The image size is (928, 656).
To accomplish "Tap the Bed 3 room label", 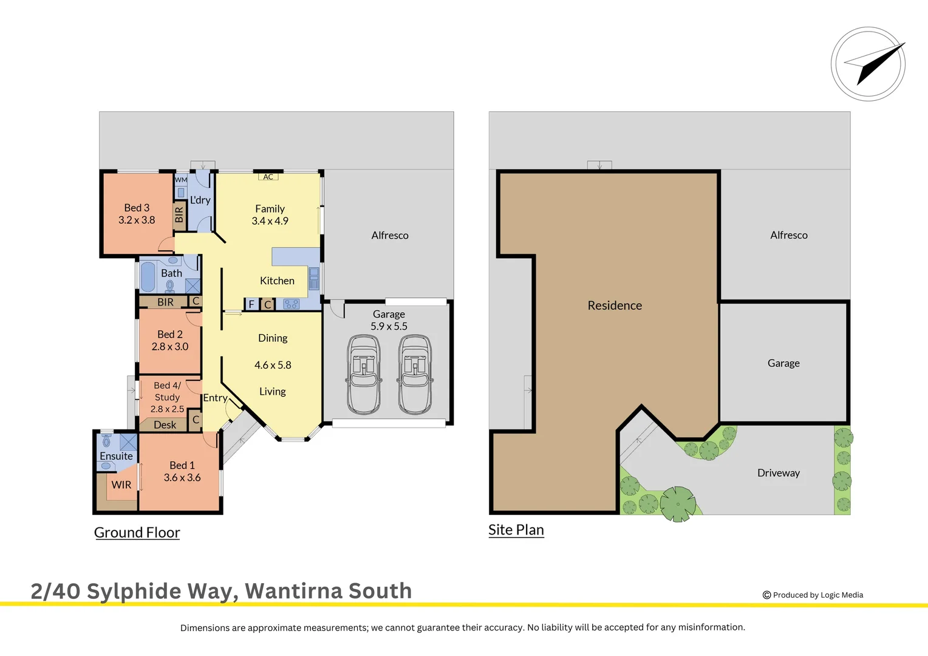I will click(137, 208).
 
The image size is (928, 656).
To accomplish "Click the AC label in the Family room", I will click(268, 177).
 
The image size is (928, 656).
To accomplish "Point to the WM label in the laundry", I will click(181, 180).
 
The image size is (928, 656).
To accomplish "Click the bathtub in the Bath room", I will click(148, 276).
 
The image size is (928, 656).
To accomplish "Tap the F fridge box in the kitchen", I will click(251, 304).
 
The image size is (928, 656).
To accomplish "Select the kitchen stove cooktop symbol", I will click(291, 304).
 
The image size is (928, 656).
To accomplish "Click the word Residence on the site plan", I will click(615, 306).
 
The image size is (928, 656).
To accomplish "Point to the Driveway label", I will click(778, 473).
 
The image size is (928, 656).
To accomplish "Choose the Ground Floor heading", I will click(137, 533).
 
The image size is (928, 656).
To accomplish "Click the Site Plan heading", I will click(516, 530).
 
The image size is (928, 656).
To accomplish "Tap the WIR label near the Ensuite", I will click(121, 485).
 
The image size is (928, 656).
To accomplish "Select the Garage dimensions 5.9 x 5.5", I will click(389, 326).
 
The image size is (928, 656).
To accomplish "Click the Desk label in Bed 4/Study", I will click(165, 425).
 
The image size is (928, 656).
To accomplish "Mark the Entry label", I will click(215, 398).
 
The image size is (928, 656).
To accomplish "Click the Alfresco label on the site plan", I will click(789, 235).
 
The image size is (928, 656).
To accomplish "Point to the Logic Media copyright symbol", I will click(766, 595).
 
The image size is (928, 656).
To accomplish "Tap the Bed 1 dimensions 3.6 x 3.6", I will click(182, 477).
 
